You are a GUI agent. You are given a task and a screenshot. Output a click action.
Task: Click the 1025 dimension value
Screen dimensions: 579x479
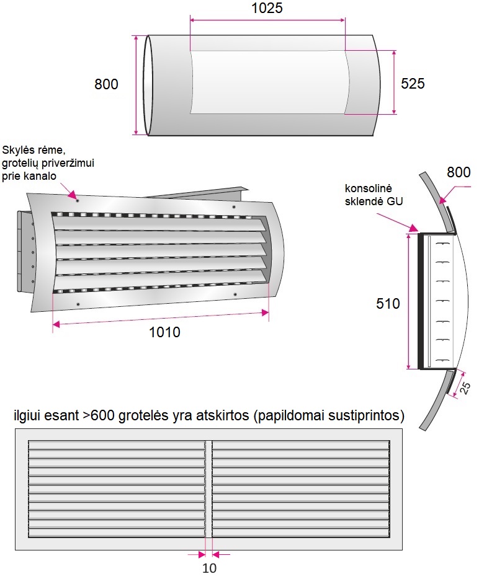pos(267,8)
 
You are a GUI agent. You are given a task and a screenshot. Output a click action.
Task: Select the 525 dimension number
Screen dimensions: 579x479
pos(413,84)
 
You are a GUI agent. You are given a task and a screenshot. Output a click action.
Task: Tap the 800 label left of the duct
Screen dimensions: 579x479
pos(107,84)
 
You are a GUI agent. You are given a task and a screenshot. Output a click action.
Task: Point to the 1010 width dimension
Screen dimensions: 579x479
pos(164,332)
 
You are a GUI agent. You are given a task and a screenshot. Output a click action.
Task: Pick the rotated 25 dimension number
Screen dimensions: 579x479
pos(465,387)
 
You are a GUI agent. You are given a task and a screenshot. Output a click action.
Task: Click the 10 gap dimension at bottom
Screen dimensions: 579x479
pos(209,568)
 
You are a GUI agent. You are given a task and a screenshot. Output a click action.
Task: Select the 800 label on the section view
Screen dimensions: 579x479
pos(459,172)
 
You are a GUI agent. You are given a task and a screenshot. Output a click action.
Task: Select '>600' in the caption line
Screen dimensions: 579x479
pos(98,416)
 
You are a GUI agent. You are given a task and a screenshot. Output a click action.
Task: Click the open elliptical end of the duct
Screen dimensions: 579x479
pos(148,84)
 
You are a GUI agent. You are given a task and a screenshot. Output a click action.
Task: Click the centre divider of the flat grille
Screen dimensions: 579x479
pos(208,490)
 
